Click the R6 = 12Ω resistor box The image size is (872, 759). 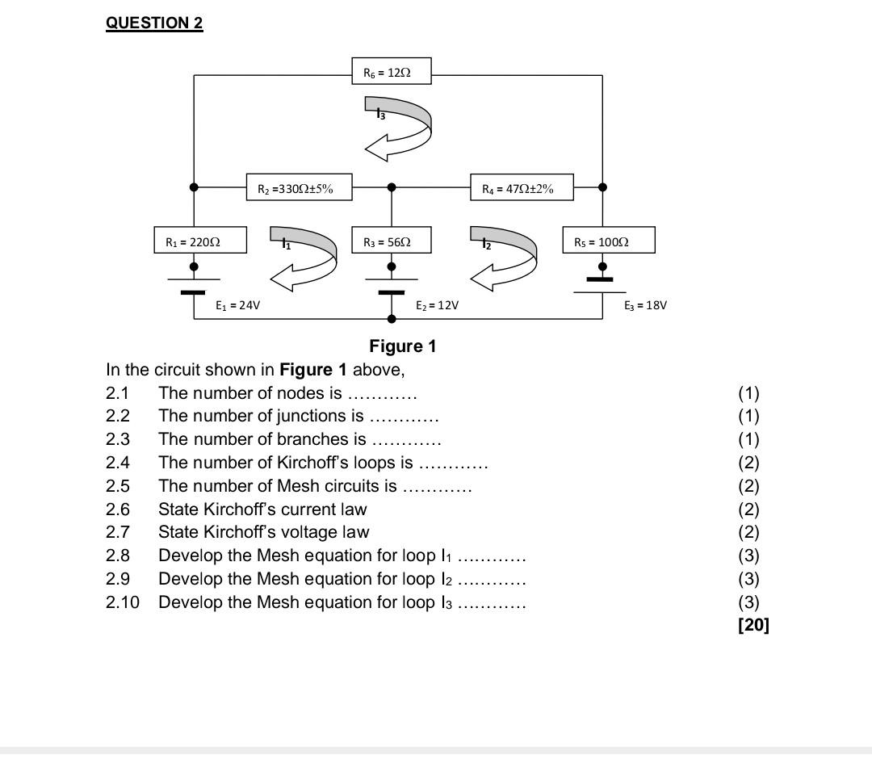click(x=392, y=71)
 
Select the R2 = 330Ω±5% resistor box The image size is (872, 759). click(x=300, y=187)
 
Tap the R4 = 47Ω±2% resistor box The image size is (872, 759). click(x=522, y=187)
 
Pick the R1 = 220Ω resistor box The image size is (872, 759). click(x=200, y=240)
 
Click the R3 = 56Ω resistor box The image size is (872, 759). click(x=392, y=240)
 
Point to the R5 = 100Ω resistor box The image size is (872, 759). click(x=609, y=240)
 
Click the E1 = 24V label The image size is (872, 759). click(x=237, y=305)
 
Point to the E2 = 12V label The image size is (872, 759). click(x=437, y=305)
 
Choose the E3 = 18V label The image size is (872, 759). click(x=645, y=305)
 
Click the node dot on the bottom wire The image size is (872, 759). click(x=392, y=319)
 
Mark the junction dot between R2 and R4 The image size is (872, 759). click(x=392, y=187)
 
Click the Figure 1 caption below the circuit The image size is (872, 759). click(x=403, y=346)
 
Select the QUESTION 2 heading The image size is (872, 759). click(x=154, y=23)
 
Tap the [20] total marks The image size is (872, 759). click(x=753, y=624)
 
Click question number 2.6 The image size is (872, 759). click(x=117, y=509)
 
